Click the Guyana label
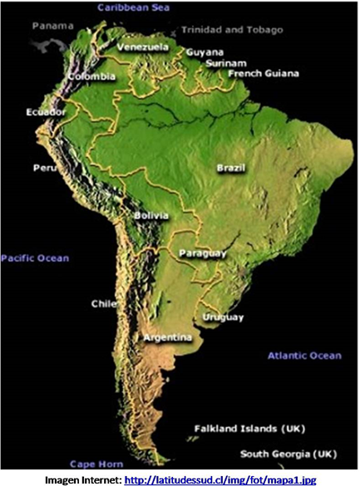tap(205, 52)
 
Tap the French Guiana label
tap(263, 73)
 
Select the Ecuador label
tap(46, 111)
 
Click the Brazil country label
tap(231, 168)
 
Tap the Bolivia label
tap(151, 216)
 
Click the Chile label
tap(104, 303)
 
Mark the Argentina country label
tap(168, 338)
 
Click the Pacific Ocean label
tap(35, 258)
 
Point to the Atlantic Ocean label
tap(304, 356)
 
